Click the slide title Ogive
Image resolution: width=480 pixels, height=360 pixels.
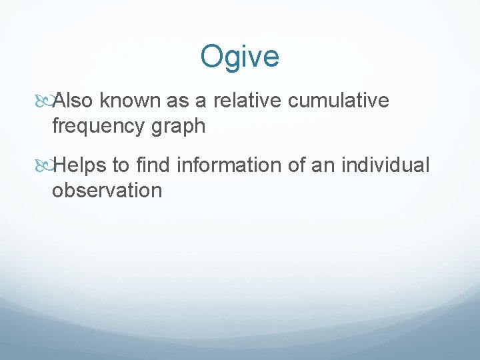click(239, 57)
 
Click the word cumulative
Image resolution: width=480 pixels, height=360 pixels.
click(341, 100)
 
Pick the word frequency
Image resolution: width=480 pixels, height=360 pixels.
click(100, 127)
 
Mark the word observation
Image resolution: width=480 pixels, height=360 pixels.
click(107, 191)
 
